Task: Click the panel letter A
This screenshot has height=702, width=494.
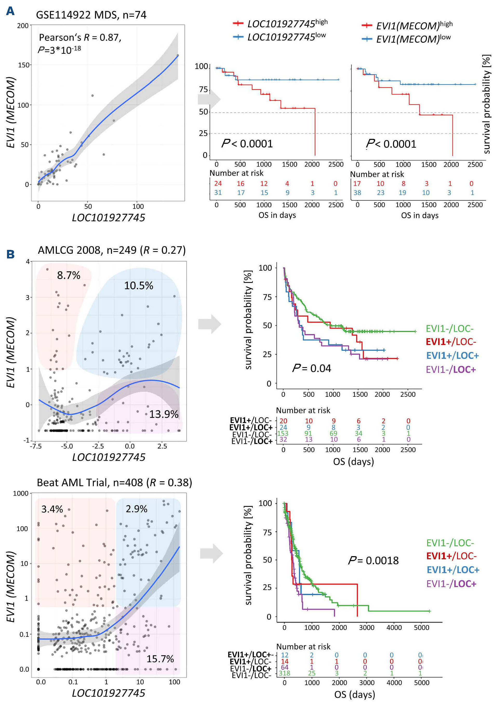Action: pyautogui.click(x=10, y=11)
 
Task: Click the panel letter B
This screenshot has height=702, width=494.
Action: pyautogui.click(x=10, y=254)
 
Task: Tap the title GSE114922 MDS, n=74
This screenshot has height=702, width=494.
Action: pyautogui.click(x=91, y=15)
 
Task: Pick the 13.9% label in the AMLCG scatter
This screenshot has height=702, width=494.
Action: pyautogui.click(x=164, y=414)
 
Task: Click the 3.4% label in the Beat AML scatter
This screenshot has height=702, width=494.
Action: pyautogui.click(x=52, y=509)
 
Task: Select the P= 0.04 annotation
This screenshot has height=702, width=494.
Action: pyautogui.click(x=312, y=368)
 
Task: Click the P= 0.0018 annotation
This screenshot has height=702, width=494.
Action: pyautogui.click(x=373, y=561)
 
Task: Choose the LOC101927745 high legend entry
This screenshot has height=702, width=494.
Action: pyautogui.click(x=280, y=24)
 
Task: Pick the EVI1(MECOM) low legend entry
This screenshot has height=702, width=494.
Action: pyautogui.click(x=406, y=39)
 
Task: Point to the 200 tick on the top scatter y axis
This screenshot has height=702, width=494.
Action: pyautogui.click(x=23, y=26)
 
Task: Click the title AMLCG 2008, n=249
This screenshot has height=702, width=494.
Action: pyautogui.click(x=111, y=250)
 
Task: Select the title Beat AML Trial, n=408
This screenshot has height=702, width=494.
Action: pyautogui.click(x=114, y=483)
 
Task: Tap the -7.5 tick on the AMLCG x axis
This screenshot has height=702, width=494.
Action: pyautogui.click(x=36, y=446)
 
